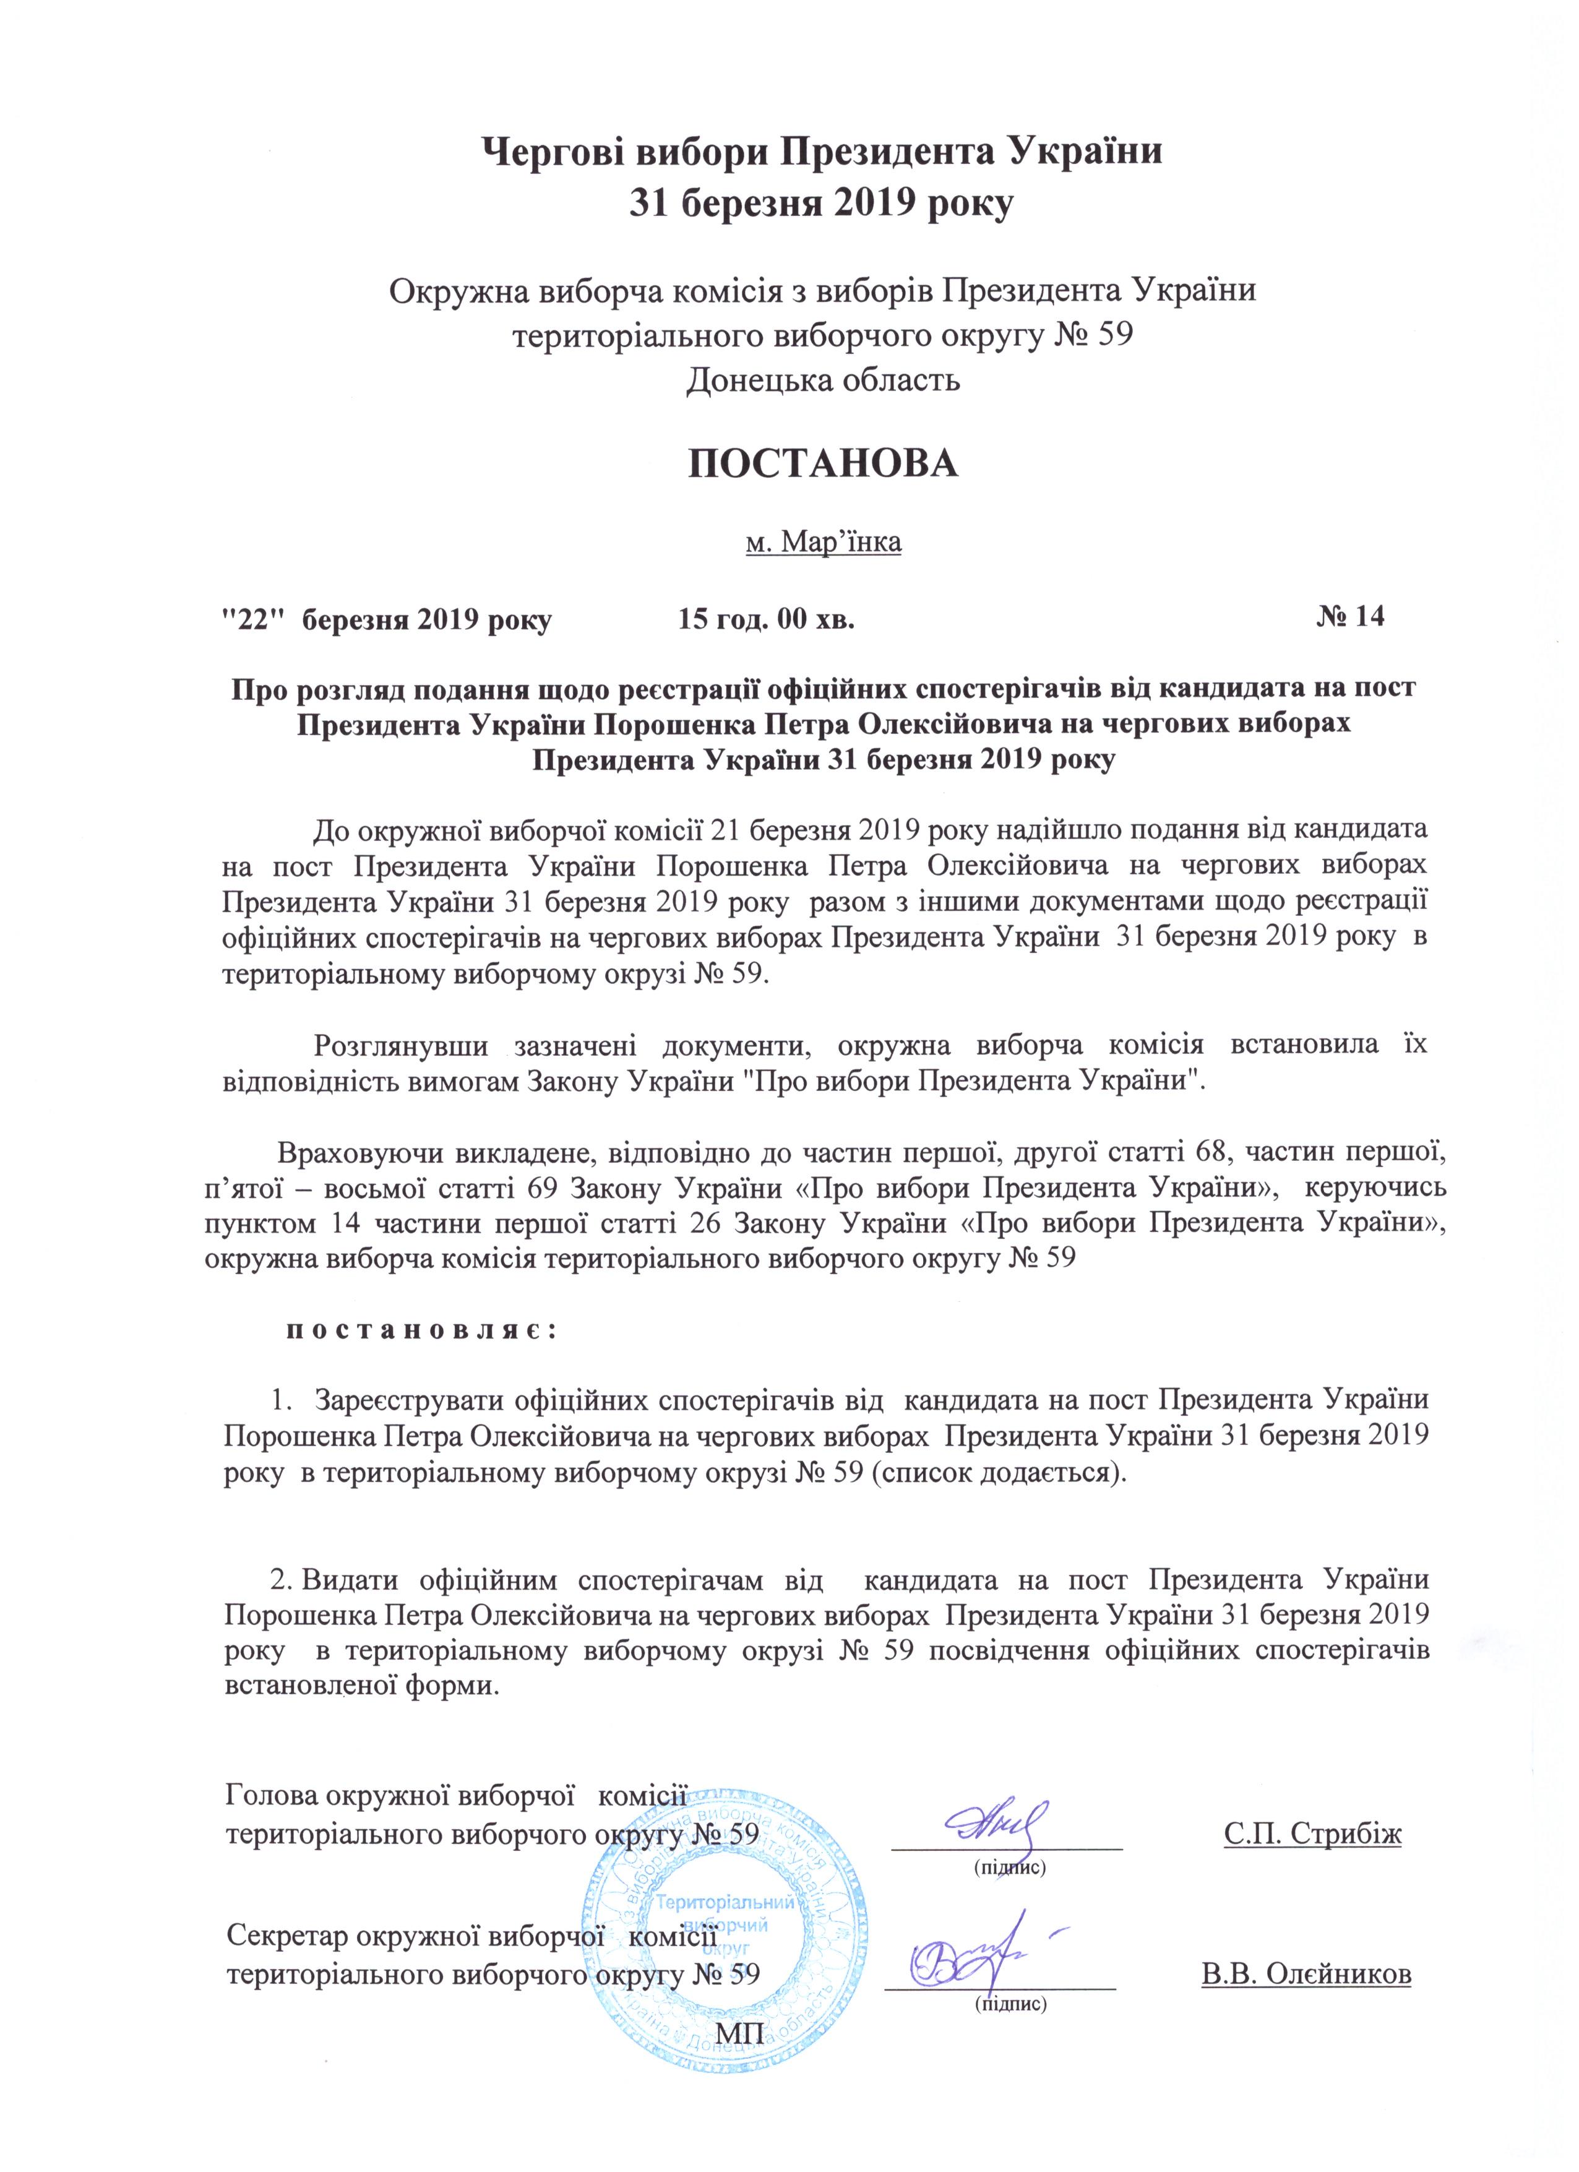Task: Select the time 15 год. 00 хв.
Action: click(765, 619)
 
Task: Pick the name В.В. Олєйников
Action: click(1306, 1975)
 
